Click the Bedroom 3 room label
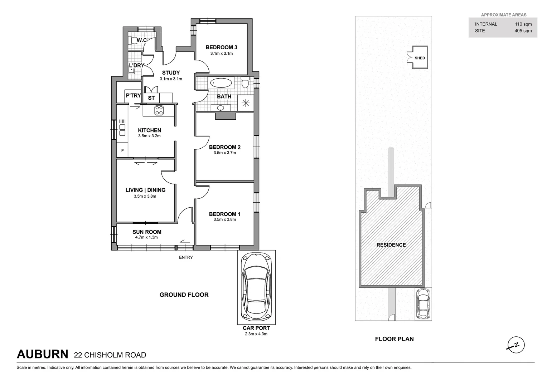(x=221, y=47)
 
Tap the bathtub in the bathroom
(x=221, y=84)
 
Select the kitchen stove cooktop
(x=159, y=111)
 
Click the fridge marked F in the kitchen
(x=122, y=151)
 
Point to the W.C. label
(x=142, y=40)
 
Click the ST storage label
(x=151, y=98)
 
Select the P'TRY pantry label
(x=133, y=95)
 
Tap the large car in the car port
(x=256, y=286)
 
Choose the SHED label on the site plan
(x=420, y=58)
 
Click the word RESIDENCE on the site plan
(x=391, y=245)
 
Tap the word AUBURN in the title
(x=42, y=354)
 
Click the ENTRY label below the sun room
(x=186, y=257)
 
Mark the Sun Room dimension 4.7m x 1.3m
(x=146, y=237)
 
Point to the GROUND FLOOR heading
(x=184, y=295)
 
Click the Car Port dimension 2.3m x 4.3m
(x=256, y=334)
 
